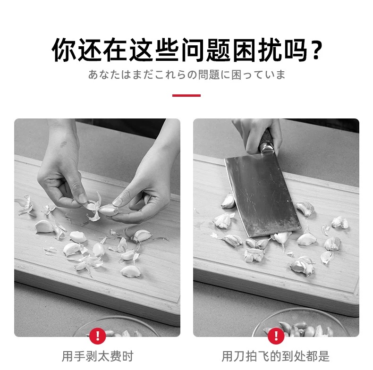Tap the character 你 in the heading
[64, 50]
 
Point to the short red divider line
[186, 96]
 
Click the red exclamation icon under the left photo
[98, 336]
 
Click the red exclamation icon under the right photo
[276, 336]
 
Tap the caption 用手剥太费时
[98, 356]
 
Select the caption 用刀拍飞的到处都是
[276, 356]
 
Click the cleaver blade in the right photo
[262, 196]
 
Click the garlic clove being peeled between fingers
[108, 210]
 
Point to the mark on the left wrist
[63, 144]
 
